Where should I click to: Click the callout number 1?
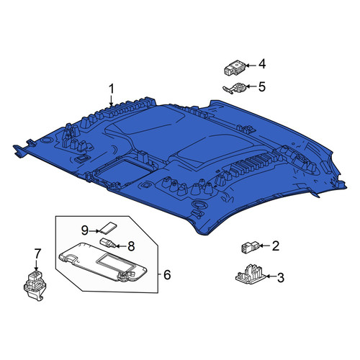pos(112,89)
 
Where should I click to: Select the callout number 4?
pos(262,64)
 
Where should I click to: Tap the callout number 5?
pos(262,86)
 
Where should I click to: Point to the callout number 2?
pos(276,246)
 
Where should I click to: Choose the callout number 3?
pos(281,277)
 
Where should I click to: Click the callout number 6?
pos(167,274)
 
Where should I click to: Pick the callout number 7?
pos(37,253)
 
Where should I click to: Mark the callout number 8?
pos(131,246)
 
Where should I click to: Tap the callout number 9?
pos(85,231)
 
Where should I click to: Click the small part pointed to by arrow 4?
pos(235,68)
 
